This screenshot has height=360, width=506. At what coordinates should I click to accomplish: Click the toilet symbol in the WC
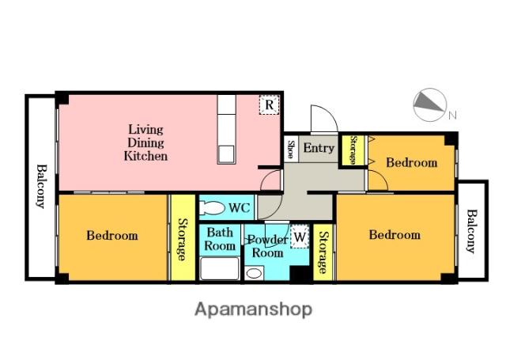pos(212,207)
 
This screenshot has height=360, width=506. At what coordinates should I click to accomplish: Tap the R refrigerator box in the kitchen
pos(269,104)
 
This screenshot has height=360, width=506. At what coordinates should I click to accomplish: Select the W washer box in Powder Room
pos(300,237)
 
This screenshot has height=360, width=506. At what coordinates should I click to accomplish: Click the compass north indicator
pos(430,105)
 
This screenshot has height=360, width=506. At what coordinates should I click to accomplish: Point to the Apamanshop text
pos(253,309)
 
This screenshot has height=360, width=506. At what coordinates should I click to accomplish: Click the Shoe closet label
pos(291,150)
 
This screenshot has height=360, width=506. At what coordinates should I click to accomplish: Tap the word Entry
pos(319,148)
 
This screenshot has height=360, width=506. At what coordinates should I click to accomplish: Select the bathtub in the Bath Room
pos(220,269)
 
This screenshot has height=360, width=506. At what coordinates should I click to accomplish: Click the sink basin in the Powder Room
pos(254,274)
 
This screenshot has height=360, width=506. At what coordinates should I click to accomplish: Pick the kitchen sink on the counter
pos(226,154)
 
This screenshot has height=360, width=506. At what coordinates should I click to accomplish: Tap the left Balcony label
pos(40,186)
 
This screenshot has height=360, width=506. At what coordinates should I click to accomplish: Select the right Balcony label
pos(471,232)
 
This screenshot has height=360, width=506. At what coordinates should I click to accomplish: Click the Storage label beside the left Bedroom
pos(183,240)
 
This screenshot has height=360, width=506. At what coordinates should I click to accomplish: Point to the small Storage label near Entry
pos(353,150)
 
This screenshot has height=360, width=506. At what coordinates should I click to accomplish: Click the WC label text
pos(239,207)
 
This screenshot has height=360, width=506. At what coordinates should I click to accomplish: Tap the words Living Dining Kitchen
pos(145,142)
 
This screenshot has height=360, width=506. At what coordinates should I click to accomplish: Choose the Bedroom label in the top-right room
pos(412,162)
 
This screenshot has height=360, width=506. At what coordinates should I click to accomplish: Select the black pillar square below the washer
pos(300,274)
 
